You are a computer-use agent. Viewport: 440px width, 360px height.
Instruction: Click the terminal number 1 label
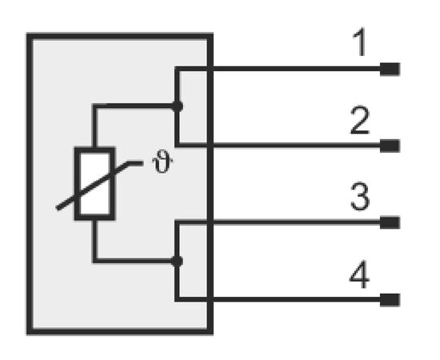(360, 42)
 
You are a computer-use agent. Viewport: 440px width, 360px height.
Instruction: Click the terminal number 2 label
(360, 120)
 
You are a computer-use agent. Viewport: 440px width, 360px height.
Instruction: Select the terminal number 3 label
(360, 197)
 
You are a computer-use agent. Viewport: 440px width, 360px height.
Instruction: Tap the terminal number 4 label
(359, 274)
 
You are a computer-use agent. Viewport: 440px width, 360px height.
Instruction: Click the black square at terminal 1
(390, 70)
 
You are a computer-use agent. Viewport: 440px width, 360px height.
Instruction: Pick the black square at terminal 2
(390, 146)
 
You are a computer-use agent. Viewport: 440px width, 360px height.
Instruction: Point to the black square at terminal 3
(390, 222)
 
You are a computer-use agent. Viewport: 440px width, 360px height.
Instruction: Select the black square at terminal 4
(390, 300)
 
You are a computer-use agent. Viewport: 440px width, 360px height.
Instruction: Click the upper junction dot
(177, 106)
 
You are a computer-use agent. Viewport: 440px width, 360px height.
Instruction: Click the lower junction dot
(177, 262)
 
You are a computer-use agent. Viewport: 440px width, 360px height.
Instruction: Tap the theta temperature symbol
(162, 162)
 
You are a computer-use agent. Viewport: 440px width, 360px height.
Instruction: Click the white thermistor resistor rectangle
(94, 184)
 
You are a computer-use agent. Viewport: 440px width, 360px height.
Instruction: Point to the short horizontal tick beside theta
(135, 163)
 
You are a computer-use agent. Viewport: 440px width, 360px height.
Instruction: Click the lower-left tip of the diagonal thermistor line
(58, 209)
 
